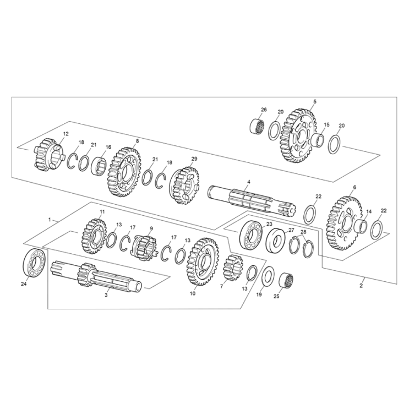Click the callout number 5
click(315, 102)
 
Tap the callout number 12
click(66, 134)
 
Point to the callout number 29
click(194, 159)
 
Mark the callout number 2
click(362, 286)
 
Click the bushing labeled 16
click(101, 163)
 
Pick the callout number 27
click(291, 230)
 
